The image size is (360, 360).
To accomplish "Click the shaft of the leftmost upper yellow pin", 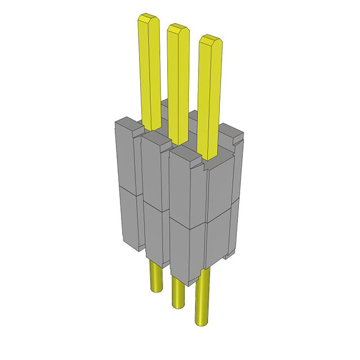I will (x=150, y=73).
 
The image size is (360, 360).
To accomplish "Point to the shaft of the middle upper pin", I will (x=179, y=84).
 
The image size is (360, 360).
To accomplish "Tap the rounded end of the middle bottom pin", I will (x=177, y=304).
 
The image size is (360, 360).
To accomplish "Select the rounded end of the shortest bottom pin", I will (x=155, y=290).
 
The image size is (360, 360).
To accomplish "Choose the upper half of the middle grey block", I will (x=152, y=169).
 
